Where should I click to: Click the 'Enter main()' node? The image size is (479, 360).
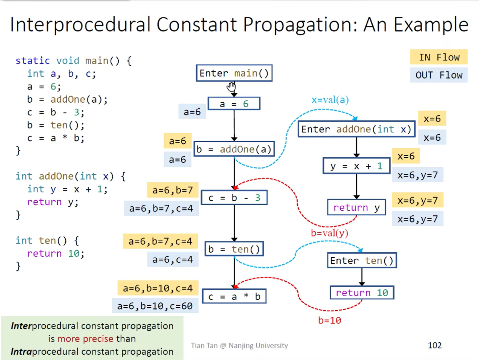click(234, 73)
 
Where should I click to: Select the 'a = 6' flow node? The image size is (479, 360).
click(234, 104)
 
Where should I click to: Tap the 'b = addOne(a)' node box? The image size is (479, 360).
click(234, 149)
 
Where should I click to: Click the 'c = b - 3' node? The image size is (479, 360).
click(234, 198)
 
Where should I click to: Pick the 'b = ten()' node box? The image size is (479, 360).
click(234, 249)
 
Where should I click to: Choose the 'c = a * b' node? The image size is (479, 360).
click(234, 297)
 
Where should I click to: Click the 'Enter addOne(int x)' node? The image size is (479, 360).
click(356, 129)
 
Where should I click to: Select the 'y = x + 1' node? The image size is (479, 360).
click(356, 166)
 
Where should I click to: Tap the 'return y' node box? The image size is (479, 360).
click(356, 207)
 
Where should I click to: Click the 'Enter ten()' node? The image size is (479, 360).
click(362, 260)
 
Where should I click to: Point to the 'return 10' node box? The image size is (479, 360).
click(362, 293)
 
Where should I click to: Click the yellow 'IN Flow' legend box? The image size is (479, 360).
click(439, 57)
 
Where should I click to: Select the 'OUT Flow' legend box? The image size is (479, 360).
click(439, 75)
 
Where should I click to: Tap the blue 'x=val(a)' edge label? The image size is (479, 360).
click(330, 100)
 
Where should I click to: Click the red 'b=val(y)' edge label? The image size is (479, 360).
click(329, 233)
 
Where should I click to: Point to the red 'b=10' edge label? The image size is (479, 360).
click(329, 320)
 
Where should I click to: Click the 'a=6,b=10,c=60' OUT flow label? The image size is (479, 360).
click(155, 306)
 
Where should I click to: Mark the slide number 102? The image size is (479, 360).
click(434, 345)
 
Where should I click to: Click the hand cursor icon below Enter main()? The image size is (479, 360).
click(231, 87)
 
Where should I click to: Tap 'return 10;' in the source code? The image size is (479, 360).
click(56, 253)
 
